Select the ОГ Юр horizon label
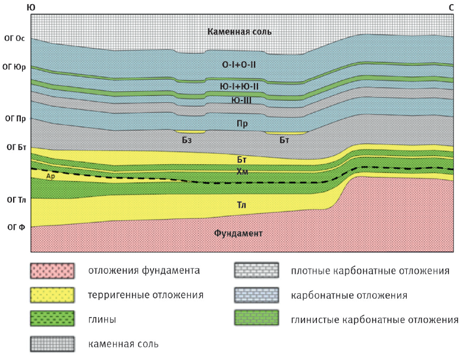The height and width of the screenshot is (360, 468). (x=15, y=67)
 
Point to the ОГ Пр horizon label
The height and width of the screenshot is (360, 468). (x=15, y=118)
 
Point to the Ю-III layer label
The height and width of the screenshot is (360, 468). (x=241, y=100)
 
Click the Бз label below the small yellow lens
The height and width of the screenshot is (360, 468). (x=187, y=140)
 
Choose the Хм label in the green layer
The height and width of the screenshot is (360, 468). (x=242, y=171)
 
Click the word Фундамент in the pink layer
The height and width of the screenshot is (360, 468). (x=238, y=233)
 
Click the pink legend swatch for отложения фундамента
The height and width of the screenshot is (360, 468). (x=52, y=271)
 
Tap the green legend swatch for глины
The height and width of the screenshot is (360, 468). (x=52, y=320)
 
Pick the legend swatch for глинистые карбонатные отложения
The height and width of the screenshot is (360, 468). (x=256, y=320)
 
